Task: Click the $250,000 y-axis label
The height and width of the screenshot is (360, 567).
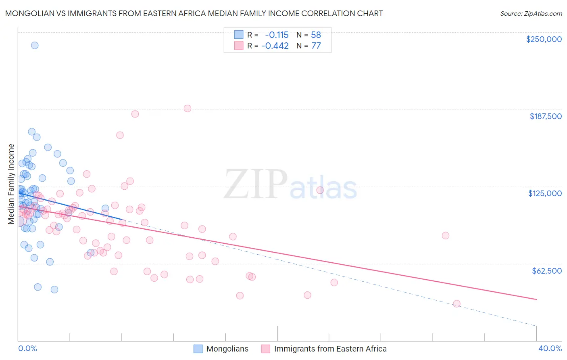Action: coord(544,39)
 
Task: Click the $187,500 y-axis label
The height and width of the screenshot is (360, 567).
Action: coord(545,116)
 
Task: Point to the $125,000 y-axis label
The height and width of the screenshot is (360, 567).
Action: coord(545,193)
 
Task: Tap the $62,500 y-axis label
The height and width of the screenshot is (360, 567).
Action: coord(546,271)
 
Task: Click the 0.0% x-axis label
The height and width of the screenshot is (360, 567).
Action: coord(27,349)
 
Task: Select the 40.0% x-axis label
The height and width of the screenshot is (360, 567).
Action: coord(550,349)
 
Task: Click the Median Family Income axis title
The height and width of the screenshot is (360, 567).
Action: coord(11,184)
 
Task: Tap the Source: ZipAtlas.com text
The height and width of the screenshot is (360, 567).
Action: coord(531,13)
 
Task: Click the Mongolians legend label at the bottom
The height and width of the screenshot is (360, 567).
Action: coord(227,349)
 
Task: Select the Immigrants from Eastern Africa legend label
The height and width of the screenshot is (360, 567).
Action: coord(330,349)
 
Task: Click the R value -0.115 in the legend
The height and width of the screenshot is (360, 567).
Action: coord(277,35)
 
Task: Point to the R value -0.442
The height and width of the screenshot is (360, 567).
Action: coord(275,46)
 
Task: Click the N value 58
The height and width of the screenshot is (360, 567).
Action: coord(316,35)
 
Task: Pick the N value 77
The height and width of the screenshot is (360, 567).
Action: coord(316,46)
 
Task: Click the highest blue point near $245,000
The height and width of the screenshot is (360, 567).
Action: coord(35,45)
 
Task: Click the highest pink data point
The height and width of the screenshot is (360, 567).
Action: coord(187,109)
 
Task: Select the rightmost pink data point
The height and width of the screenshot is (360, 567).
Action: coord(457,303)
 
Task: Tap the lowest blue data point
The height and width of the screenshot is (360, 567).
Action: coord(54,289)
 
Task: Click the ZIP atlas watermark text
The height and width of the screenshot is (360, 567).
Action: coord(290,184)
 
